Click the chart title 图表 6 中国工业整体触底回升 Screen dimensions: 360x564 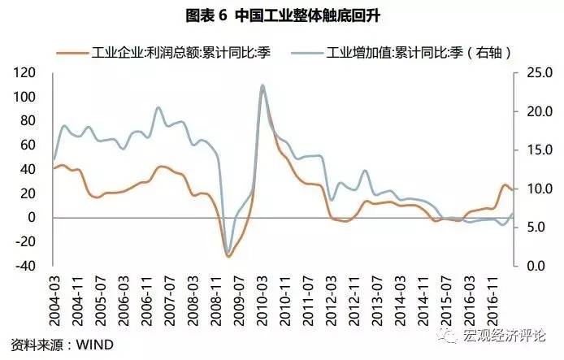[x=281, y=15]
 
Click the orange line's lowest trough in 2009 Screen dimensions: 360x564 [x=228, y=257]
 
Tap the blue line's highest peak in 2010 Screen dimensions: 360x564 [x=262, y=85]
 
